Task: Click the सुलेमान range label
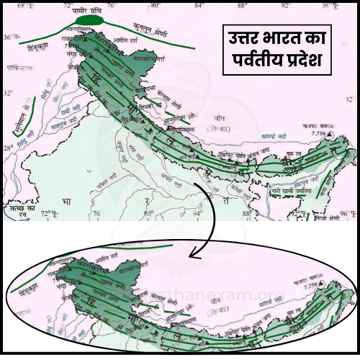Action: tap(24, 118)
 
